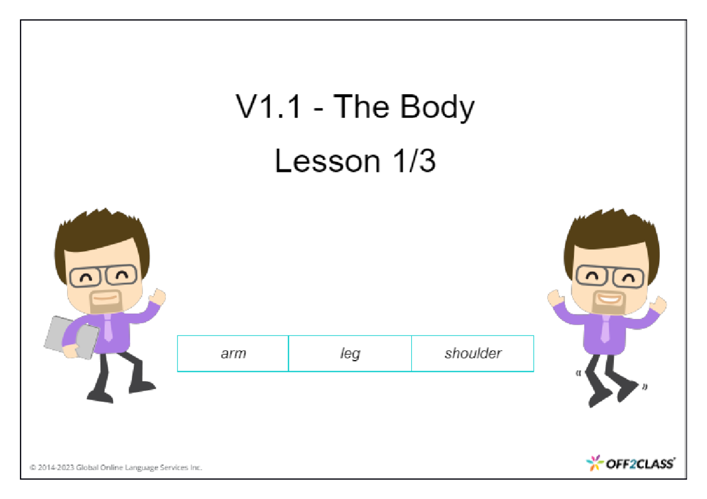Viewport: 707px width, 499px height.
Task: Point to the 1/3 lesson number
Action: click(x=412, y=161)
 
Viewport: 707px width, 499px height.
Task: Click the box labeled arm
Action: click(x=233, y=354)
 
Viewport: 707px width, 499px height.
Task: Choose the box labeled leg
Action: click(x=350, y=354)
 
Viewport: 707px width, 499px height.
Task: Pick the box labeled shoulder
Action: click(x=473, y=354)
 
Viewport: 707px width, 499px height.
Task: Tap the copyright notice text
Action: click(x=116, y=468)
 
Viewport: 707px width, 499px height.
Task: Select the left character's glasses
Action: click(x=103, y=276)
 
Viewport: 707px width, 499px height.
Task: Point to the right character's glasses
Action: click(x=610, y=276)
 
